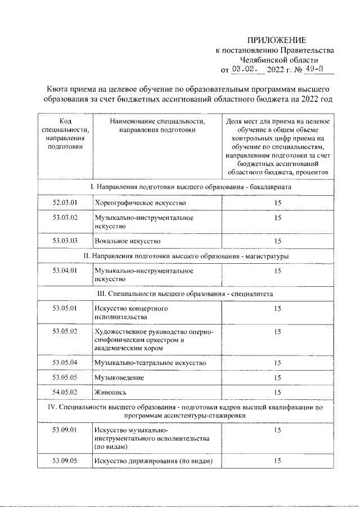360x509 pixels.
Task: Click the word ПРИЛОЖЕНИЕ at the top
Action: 277,40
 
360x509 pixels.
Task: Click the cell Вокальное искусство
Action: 128,241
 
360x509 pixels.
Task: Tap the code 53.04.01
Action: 65,271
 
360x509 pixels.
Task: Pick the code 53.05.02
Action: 65,331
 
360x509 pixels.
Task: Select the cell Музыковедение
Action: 119,377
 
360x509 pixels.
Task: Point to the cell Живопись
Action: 110,392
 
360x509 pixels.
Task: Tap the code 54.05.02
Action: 65,392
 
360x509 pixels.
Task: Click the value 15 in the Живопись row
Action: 277,392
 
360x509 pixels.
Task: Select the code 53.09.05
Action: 65,461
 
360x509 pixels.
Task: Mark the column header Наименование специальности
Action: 157,125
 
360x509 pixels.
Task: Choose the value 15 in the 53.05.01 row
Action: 277,309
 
